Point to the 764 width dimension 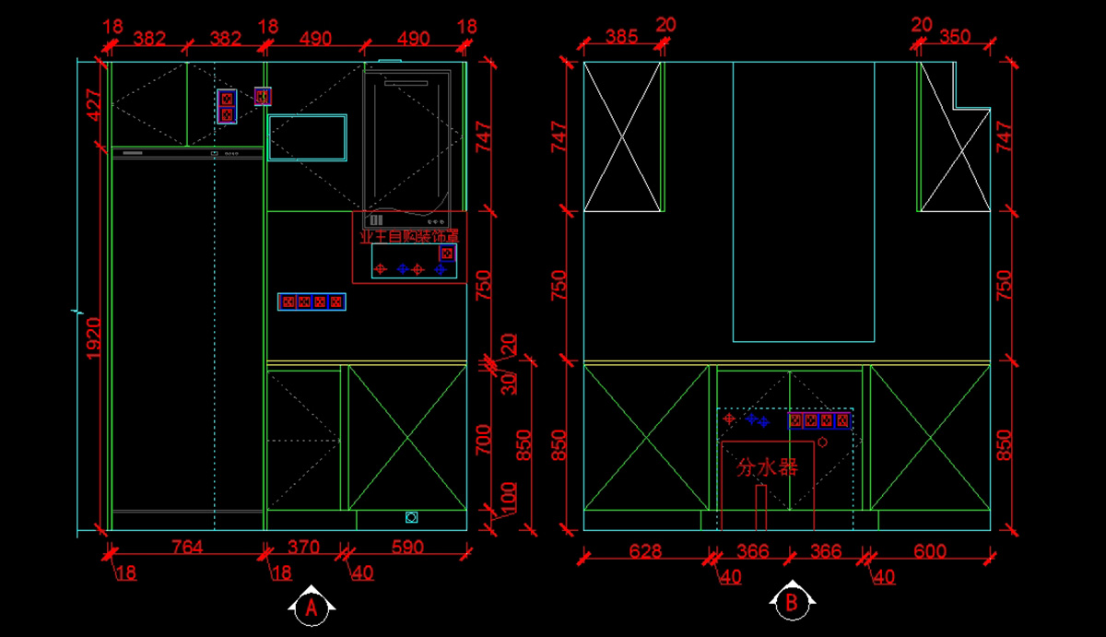pyautogui.click(x=188, y=548)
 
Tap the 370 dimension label pyautogui.click(x=303, y=548)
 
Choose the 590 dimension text pyautogui.click(x=407, y=548)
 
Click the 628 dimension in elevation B pyautogui.click(x=645, y=551)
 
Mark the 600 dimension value pyautogui.click(x=929, y=551)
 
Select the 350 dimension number pyautogui.click(x=955, y=37)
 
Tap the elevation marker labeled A pyautogui.click(x=312, y=607)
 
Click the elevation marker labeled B pyautogui.click(x=791, y=604)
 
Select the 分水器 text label pyautogui.click(x=766, y=467)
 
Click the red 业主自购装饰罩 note pyautogui.click(x=408, y=237)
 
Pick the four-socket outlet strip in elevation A pyautogui.click(x=312, y=301)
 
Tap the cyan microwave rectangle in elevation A pyautogui.click(x=307, y=137)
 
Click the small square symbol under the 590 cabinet pyautogui.click(x=411, y=518)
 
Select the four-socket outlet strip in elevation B pyautogui.click(x=818, y=420)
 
